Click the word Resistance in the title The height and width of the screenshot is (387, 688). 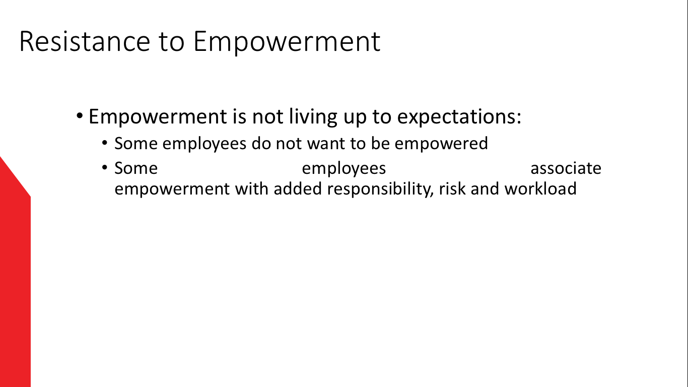[85, 41]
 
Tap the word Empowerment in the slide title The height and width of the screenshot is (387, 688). [287, 43]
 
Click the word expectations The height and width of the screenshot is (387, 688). [459, 117]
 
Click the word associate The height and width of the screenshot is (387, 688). [566, 168]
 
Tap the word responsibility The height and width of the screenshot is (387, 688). [380, 189]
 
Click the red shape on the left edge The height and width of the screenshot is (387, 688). [15, 277]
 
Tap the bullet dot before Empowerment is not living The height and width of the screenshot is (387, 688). [80, 116]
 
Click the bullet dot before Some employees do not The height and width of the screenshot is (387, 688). [105, 143]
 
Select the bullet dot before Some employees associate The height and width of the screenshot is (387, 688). [105, 167]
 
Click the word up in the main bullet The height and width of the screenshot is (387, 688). [355, 118]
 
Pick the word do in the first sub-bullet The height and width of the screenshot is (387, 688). [261, 143]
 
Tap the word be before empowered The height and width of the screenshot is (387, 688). [380, 143]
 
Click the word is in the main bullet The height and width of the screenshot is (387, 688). [239, 116]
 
